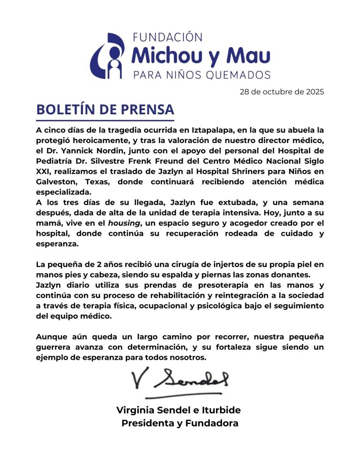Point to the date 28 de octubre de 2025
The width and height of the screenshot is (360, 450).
tap(282, 91)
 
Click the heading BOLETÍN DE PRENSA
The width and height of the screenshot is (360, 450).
tap(104, 109)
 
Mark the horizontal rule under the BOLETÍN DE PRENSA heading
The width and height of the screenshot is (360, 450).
tap(105, 120)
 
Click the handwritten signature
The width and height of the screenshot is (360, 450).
tap(179, 380)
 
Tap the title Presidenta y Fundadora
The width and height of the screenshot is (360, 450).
tap(180, 424)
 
